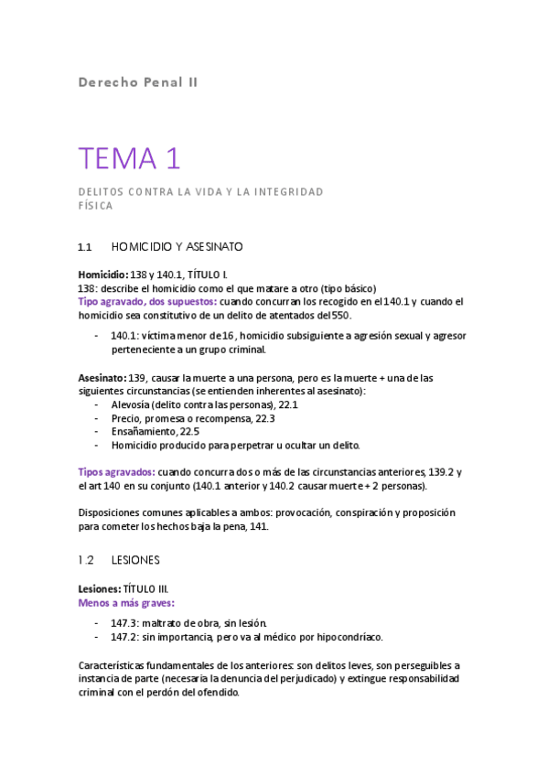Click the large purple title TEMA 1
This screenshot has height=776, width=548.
tap(130, 159)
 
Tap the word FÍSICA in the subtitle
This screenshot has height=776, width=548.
tap(95, 206)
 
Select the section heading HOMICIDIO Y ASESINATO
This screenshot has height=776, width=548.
tap(177, 247)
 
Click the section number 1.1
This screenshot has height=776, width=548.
tap(86, 247)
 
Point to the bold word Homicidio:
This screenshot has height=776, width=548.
tap(102, 275)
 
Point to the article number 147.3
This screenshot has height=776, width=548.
tap(126, 623)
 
